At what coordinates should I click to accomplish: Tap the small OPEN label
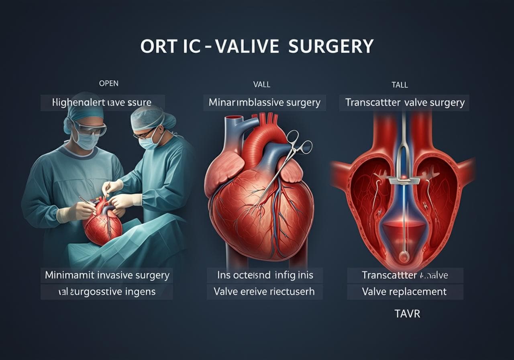tap(108, 84)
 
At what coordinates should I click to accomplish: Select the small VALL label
tap(261, 84)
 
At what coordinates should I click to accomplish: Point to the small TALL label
tap(399, 85)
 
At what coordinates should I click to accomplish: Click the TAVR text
tap(407, 313)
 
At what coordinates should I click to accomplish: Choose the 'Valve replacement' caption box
tap(404, 291)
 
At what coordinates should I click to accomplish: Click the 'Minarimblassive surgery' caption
tap(264, 102)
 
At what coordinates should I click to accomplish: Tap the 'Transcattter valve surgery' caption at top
tap(405, 102)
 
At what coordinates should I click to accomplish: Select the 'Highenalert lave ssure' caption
tap(102, 102)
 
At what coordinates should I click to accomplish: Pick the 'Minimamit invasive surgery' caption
tap(107, 276)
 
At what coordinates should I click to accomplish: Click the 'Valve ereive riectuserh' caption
tap(264, 291)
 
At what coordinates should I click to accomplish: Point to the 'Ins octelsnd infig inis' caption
tap(264, 276)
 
